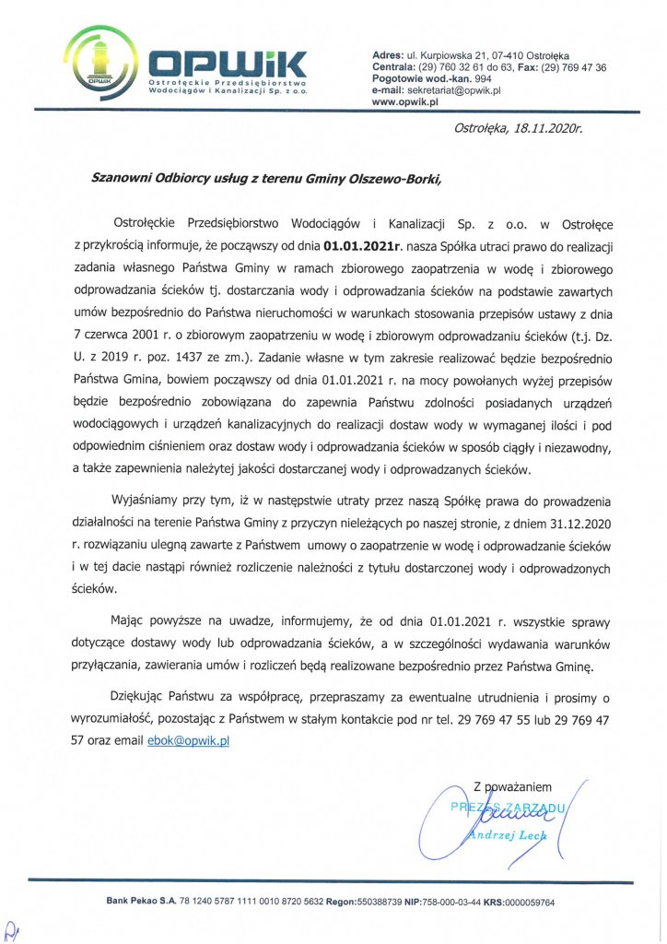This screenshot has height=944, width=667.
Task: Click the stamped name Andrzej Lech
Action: [508, 835]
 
